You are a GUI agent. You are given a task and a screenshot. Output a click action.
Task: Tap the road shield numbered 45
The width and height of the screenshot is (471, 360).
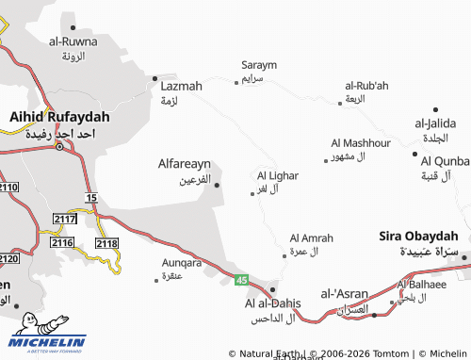click(x=241, y=280)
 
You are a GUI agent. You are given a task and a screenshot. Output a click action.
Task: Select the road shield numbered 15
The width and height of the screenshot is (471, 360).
click(x=90, y=197)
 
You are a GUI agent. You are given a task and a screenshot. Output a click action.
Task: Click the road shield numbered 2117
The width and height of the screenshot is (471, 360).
click(x=65, y=219)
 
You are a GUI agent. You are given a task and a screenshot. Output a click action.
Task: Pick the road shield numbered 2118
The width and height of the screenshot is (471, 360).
click(x=106, y=243)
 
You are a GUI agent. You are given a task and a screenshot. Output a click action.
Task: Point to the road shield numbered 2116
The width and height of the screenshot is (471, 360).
click(x=62, y=243)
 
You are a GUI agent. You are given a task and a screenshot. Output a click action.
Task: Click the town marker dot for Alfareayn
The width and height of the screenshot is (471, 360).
click(x=218, y=185)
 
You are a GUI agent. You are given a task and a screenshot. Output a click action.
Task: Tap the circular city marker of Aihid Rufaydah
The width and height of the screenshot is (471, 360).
click(x=59, y=146)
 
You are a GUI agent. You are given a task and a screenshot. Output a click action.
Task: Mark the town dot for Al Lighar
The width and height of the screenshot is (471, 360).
click(x=253, y=193)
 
